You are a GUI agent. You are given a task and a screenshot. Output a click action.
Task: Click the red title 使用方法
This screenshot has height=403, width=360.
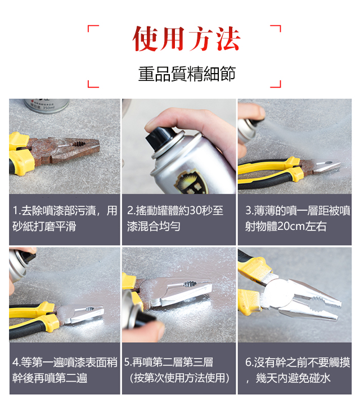[186, 39]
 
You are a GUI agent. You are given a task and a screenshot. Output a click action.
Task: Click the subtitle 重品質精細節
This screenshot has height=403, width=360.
[187, 74]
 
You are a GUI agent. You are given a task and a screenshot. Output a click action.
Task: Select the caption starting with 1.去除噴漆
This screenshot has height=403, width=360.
[65, 219]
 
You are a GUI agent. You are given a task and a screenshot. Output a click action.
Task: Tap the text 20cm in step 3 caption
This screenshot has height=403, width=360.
[291, 227]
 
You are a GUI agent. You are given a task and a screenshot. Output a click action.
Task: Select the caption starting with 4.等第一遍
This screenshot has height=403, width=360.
[65, 370]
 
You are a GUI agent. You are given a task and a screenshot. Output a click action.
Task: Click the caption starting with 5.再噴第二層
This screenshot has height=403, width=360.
[177, 370]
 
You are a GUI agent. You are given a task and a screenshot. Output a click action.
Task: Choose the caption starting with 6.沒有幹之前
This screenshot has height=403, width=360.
[297, 370]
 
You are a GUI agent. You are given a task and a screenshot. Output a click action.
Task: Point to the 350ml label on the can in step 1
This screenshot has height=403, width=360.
[48, 108]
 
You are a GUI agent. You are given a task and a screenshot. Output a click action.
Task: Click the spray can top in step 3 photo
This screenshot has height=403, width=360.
[247, 130]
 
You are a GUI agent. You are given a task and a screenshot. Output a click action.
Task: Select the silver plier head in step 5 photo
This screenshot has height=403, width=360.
[177, 291]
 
